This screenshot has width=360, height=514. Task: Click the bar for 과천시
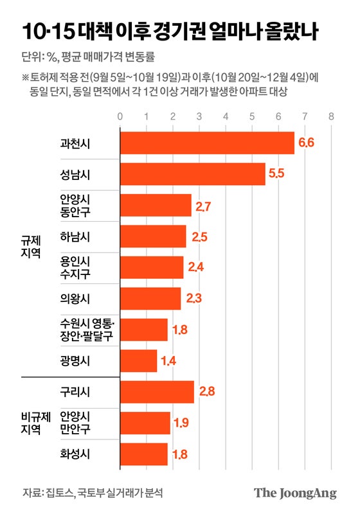[x=207, y=143]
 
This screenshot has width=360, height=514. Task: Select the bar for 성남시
[x=193, y=174]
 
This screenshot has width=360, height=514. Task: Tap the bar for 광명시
[x=139, y=361]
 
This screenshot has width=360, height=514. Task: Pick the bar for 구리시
[x=157, y=392]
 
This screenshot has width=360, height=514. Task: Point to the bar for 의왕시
[x=150, y=299]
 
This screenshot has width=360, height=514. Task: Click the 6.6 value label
[x=305, y=143]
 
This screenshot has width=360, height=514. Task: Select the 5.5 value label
[x=276, y=174]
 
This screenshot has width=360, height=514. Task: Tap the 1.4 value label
[x=168, y=361]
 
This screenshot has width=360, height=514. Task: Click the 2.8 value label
[x=205, y=392]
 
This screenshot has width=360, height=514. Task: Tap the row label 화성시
[x=75, y=454]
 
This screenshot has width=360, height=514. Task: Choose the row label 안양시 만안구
[x=75, y=423]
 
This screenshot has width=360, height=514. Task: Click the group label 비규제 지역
[x=31, y=423]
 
